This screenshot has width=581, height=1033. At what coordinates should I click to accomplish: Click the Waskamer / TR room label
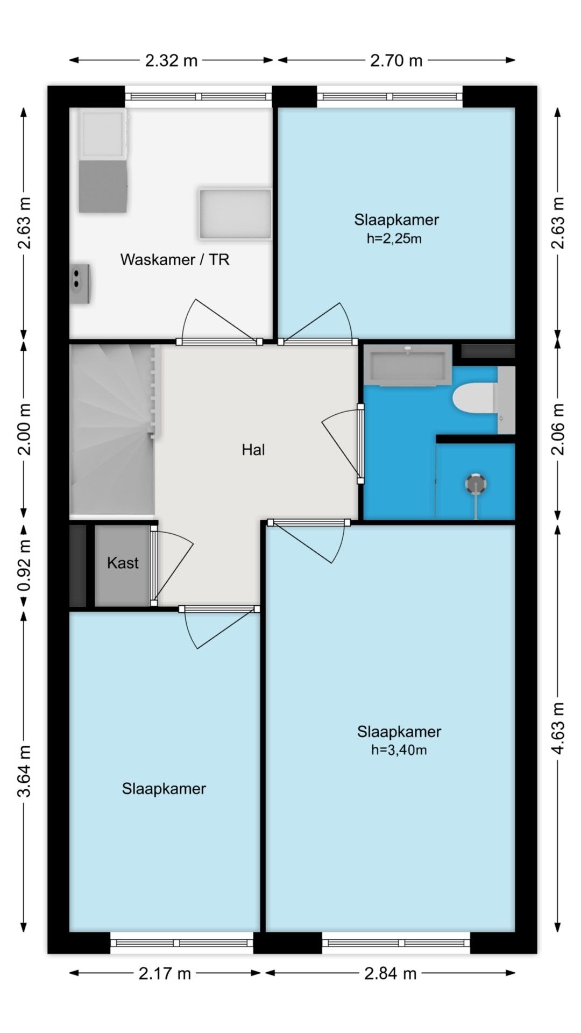point(175,260)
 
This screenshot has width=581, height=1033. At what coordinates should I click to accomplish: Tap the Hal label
point(253,450)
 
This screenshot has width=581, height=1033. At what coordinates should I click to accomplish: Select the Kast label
point(123,563)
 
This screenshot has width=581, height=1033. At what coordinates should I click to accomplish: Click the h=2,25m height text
point(394,238)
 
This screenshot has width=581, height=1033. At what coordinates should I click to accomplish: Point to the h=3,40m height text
point(399,750)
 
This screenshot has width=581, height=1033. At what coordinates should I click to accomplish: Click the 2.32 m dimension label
point(171,60)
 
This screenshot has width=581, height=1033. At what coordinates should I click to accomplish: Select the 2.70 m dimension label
point(396,60)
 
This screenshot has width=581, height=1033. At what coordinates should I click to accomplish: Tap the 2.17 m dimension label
point(165,973)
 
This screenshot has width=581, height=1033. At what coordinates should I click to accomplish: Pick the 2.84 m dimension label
point(390,973)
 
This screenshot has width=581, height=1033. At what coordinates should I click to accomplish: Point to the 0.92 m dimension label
point(24,565)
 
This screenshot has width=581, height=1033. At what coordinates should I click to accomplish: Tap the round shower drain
point(476,484)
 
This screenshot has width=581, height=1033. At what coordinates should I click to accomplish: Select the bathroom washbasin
point(408,364)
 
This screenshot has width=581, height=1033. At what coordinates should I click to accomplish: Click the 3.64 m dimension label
point(24,771)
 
